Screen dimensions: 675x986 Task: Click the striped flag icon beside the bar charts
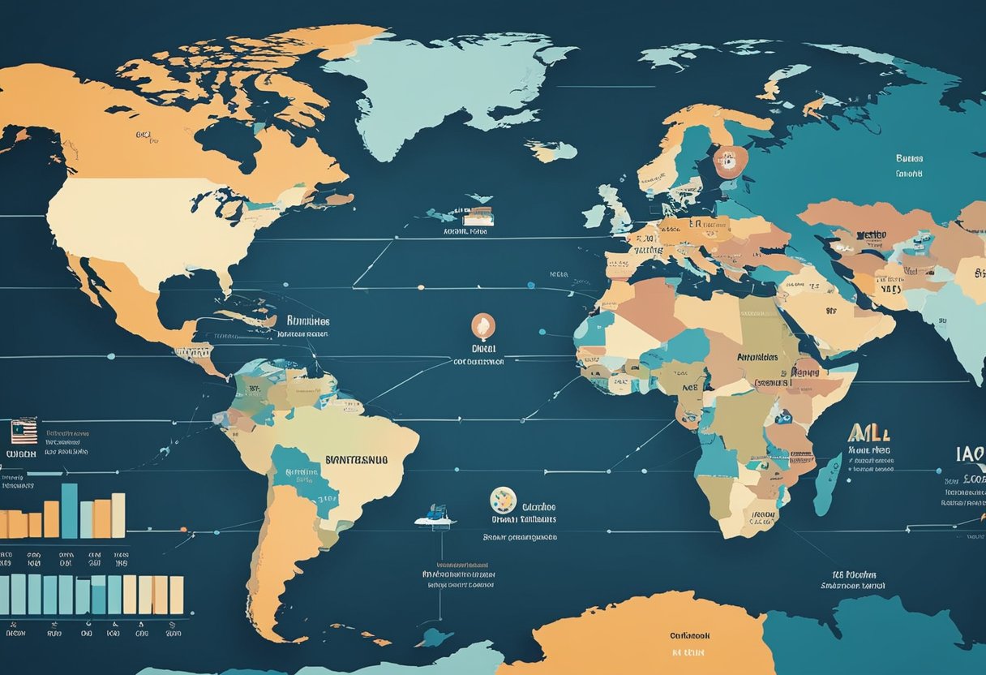coord(24,431)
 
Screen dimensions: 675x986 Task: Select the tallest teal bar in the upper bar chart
coord(70,510)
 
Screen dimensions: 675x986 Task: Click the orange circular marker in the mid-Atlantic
coord(483,326)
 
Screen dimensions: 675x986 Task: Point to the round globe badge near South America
coord(504,500)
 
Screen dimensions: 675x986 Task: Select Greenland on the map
coord(438,81)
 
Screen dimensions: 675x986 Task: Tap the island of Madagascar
coord(828,484)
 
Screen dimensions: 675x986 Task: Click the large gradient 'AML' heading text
coord(868,432)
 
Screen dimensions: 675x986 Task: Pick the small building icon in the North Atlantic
coord(478,216)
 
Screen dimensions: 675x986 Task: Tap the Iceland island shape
coord(551,151)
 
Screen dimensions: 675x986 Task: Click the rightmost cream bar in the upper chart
coord(118,515)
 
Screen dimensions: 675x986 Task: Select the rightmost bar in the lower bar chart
coord(176,595)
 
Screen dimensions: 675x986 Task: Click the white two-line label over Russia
coord(909,166)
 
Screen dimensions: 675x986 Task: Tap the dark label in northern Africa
coord(757,357)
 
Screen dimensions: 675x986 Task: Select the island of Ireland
coord(594,216)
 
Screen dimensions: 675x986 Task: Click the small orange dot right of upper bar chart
coord(183,535)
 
